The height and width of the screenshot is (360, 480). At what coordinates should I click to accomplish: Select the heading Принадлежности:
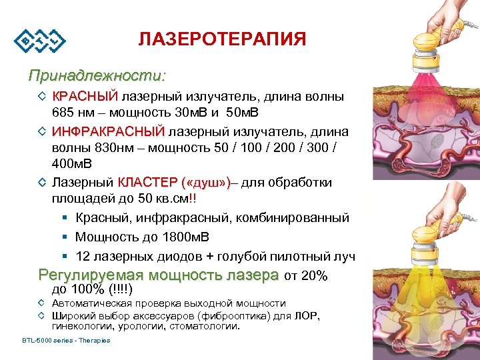pyautogui.click(x=97, y=73)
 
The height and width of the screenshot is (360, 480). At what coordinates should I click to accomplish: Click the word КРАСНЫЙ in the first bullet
pyautogui.click(x=85, y=97)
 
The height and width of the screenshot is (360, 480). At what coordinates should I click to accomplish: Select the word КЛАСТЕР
pyautogui.click(x=148, y=183)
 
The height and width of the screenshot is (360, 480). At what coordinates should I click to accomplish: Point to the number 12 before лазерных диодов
pyautogui.click(x=83, y=256)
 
